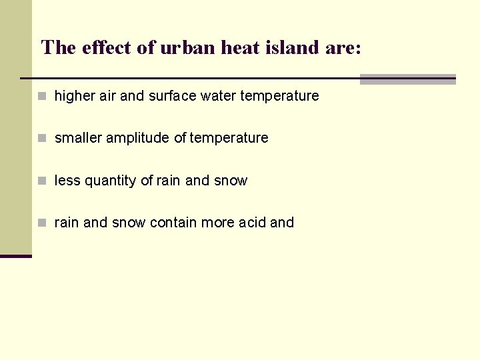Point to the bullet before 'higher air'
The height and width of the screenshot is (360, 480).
42,96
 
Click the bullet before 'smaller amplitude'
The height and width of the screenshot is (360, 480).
42,139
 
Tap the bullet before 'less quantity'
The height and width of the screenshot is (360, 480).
42,181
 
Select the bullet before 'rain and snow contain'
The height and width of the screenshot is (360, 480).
42,223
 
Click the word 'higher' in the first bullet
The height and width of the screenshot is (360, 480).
75,96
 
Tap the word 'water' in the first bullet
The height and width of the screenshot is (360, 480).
218,96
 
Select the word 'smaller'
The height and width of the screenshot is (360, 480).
79,138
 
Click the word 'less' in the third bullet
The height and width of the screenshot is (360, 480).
65,181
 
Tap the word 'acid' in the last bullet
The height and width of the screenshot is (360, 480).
253,223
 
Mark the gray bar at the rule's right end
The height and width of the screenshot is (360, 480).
407,79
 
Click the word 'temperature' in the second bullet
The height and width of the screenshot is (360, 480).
229,138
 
